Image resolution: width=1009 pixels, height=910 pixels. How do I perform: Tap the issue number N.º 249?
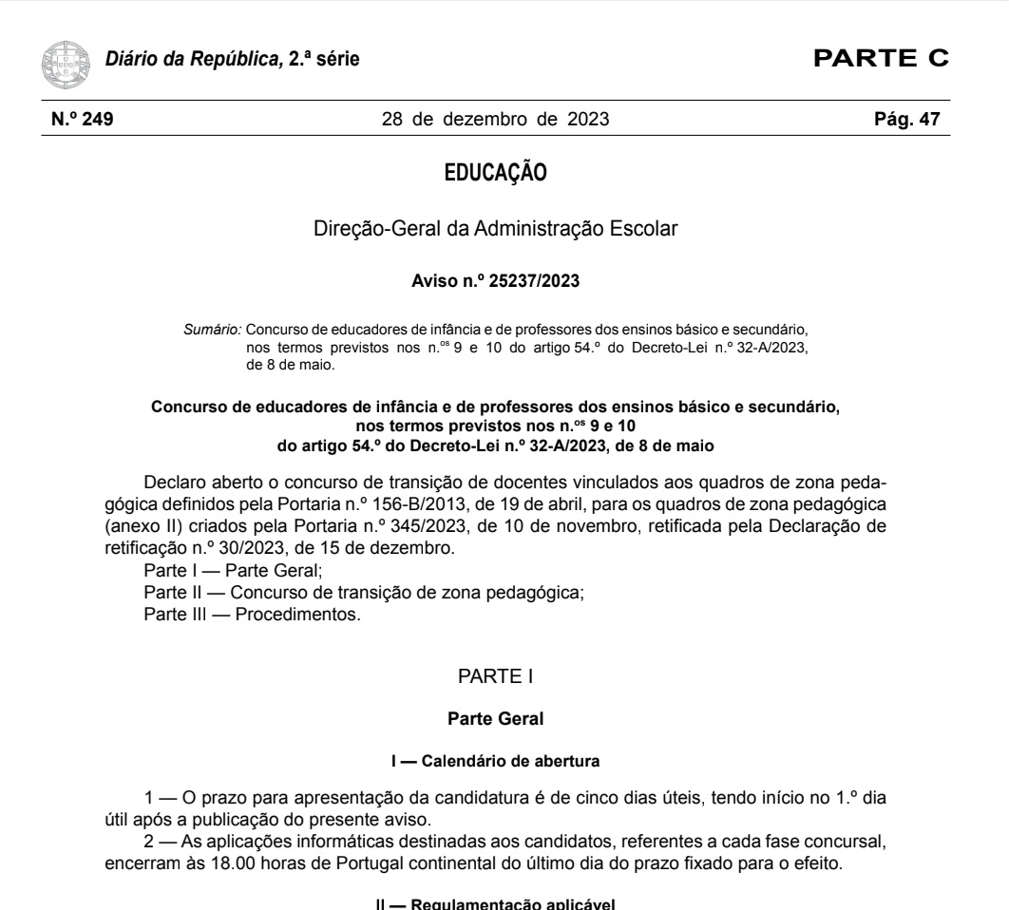(x=82, y=120)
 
